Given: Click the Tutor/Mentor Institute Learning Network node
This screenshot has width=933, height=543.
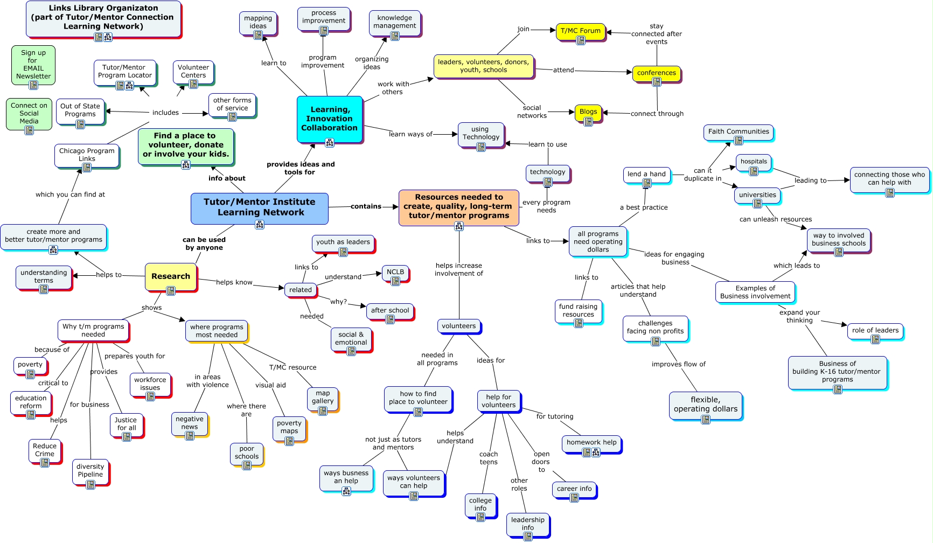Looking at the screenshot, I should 259,207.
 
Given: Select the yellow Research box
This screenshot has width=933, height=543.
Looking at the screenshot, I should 170,276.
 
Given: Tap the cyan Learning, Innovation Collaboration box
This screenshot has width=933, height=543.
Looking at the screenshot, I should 329,119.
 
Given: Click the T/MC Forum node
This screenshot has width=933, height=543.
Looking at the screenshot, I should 580,31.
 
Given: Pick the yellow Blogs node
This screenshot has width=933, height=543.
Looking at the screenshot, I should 588,112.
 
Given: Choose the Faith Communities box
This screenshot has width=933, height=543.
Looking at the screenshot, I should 738,131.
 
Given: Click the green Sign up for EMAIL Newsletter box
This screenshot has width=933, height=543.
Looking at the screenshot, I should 33,65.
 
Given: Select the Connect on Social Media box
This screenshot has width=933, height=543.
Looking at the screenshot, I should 29,113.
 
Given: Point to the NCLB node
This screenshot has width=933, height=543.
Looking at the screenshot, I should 395,272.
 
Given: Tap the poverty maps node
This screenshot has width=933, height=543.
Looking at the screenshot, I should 289,427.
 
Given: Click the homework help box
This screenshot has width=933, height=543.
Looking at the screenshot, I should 591,442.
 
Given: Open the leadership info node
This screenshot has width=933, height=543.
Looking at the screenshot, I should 527,523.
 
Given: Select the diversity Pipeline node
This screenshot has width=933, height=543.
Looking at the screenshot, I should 90,471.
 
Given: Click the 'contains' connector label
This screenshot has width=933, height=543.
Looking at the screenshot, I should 366,206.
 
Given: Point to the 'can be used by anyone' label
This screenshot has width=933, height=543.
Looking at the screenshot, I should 204,243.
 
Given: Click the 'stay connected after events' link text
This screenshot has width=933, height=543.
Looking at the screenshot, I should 656,34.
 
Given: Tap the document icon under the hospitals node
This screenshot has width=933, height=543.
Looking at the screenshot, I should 754,171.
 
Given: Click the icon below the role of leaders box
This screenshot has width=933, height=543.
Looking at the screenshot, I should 875,339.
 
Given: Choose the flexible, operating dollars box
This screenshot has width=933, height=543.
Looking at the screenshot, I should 705,405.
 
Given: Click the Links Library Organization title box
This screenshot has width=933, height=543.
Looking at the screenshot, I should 103,17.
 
